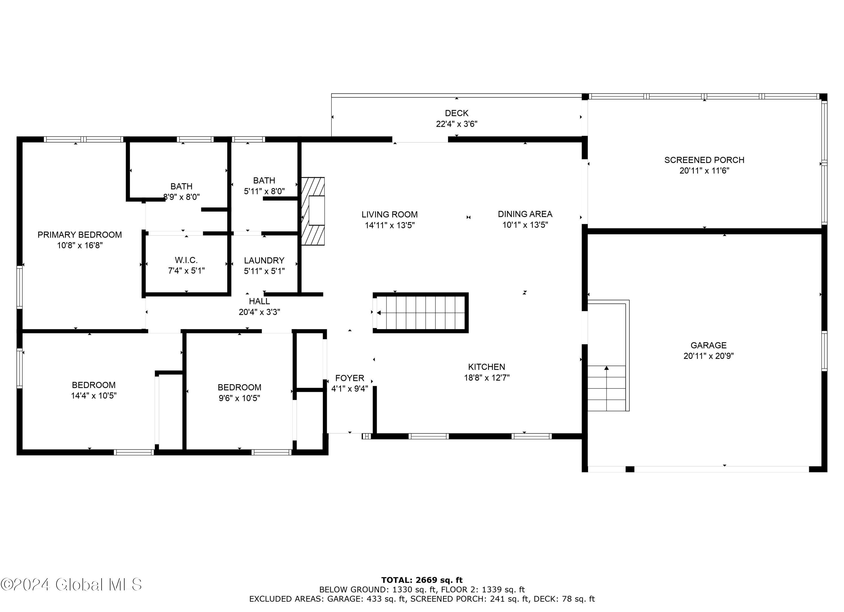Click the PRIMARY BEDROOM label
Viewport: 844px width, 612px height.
(x=80, y=234)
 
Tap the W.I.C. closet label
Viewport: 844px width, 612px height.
(x=186, y=260)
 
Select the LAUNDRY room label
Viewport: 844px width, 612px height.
(x=264, y=260)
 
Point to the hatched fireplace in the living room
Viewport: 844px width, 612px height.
(x=313, y=211)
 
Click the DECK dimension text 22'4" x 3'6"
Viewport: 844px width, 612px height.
(x=456, y=124)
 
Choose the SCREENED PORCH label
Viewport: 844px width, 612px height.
(x=704, y=160)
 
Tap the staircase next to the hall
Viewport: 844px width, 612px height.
(x=421, y=313)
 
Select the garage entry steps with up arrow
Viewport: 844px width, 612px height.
(x=606, y=388)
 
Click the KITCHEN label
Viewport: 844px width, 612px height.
(x=486, y=367)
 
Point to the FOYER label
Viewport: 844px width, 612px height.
(x=349, y=378)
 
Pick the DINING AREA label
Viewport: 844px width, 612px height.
(x=525, y=214)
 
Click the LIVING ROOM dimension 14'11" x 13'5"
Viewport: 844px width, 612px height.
(x=389, y=225)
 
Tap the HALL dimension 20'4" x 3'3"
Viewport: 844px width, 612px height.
(x=259, y=312)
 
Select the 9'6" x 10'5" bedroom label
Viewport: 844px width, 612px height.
(x=239, y=387)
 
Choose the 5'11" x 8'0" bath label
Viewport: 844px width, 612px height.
(x=264, y=180)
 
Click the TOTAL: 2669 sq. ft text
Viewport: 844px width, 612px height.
(x=422, y=580)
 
